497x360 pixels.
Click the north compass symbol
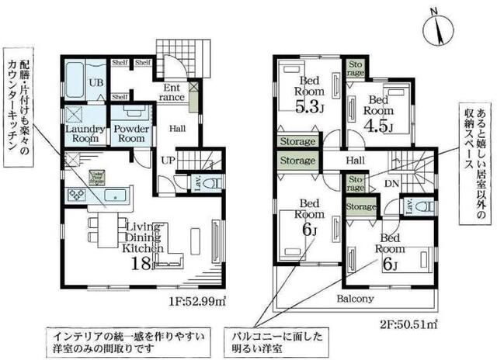pyautogui.click(x=440, y=28)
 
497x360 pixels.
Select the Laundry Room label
pyautogui.click(x=83, y=133)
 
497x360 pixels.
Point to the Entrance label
pyautogui.click(x=173, y=92)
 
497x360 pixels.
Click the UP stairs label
pyautogui.click(x=166, y=160)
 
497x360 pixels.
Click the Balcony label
pyautogui.click(x=356, y=299)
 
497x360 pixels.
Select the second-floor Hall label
pyautogui.click(x=355, y=160)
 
